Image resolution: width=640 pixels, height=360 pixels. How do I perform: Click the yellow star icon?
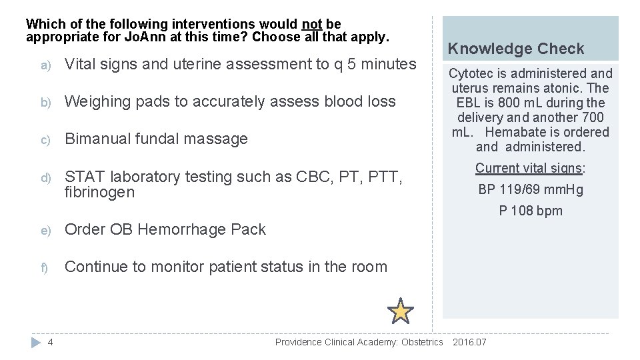(401, 311)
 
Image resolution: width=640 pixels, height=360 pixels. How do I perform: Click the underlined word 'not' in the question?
(311, 25)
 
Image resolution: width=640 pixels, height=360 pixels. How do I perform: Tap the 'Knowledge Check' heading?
(516, 49)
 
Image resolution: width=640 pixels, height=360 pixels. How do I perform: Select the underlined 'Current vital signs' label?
(529, 168)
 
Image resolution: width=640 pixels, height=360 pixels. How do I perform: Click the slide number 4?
(51, 343)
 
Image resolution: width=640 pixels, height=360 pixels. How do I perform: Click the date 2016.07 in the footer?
(470, 343)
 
